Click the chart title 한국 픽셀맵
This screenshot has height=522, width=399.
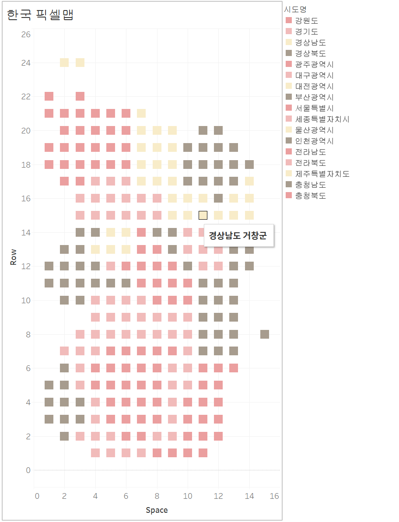[x=40, y=15]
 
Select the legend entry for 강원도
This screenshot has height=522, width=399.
[x=306, y=21]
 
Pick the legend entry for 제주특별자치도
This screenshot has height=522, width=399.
[x=322, y=174]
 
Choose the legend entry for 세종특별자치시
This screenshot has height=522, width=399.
[x=322, y=119]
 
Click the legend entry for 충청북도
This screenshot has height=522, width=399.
[x=310, y=196]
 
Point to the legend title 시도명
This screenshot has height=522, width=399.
[x=295, y=9]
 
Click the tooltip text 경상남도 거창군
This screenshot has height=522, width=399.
[x=239, y=236]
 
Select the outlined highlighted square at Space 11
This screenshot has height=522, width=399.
[x=203, y=215]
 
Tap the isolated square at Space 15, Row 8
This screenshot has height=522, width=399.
[x=265, y=334]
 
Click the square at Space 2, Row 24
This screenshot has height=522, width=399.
[x=64, y=63]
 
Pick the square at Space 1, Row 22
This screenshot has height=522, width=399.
[x=49, y=96]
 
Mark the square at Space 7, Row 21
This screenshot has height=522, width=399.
[x=141, y=113]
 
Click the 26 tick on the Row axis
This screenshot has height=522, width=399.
[x=26, y=34]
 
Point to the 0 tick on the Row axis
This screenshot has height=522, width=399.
[x=28, y=470]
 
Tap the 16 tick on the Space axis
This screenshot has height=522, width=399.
[x=274, y=496]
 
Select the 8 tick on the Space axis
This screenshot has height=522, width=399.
[x=157, y=496]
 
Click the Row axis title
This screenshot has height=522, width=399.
[x=14, y=257]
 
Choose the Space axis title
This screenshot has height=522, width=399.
[x=157, y=510]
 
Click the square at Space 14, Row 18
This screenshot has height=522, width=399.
[x=249, y=165]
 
